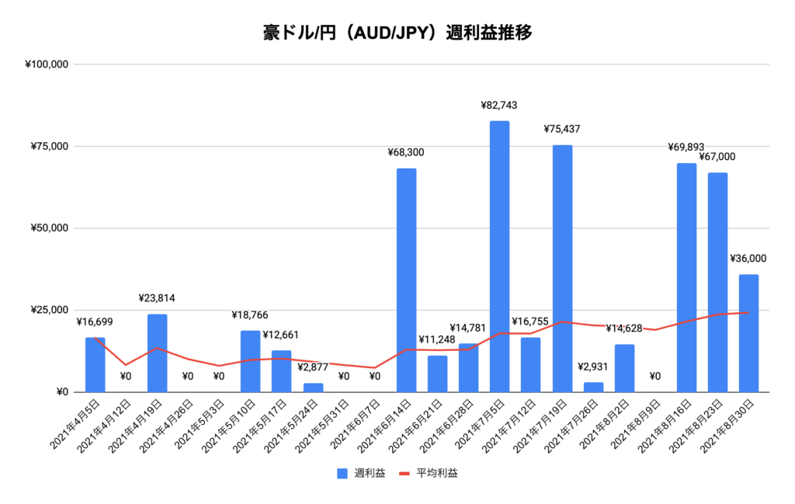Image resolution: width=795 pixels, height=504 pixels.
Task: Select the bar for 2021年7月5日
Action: coord(499,256)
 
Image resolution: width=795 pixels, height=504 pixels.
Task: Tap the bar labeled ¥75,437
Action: coord(562,268)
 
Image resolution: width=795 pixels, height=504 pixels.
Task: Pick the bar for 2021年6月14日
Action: coord(406,280)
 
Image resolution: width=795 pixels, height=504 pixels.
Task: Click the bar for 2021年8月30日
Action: coord(748,333)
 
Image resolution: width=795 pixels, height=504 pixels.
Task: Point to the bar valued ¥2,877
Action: coord(313,388)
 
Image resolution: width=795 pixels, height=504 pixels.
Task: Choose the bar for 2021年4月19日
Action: coord(157,353)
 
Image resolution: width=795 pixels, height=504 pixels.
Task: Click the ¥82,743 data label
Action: coord(499,105)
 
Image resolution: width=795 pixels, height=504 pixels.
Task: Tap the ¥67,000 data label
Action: coord(717,157)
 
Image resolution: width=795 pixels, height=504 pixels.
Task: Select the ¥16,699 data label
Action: coord(95,322)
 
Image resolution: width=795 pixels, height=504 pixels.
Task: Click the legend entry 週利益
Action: coord(360,472)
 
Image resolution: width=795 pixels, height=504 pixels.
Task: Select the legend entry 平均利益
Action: coord(428,472)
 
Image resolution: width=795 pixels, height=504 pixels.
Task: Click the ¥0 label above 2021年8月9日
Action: coord(654,377)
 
